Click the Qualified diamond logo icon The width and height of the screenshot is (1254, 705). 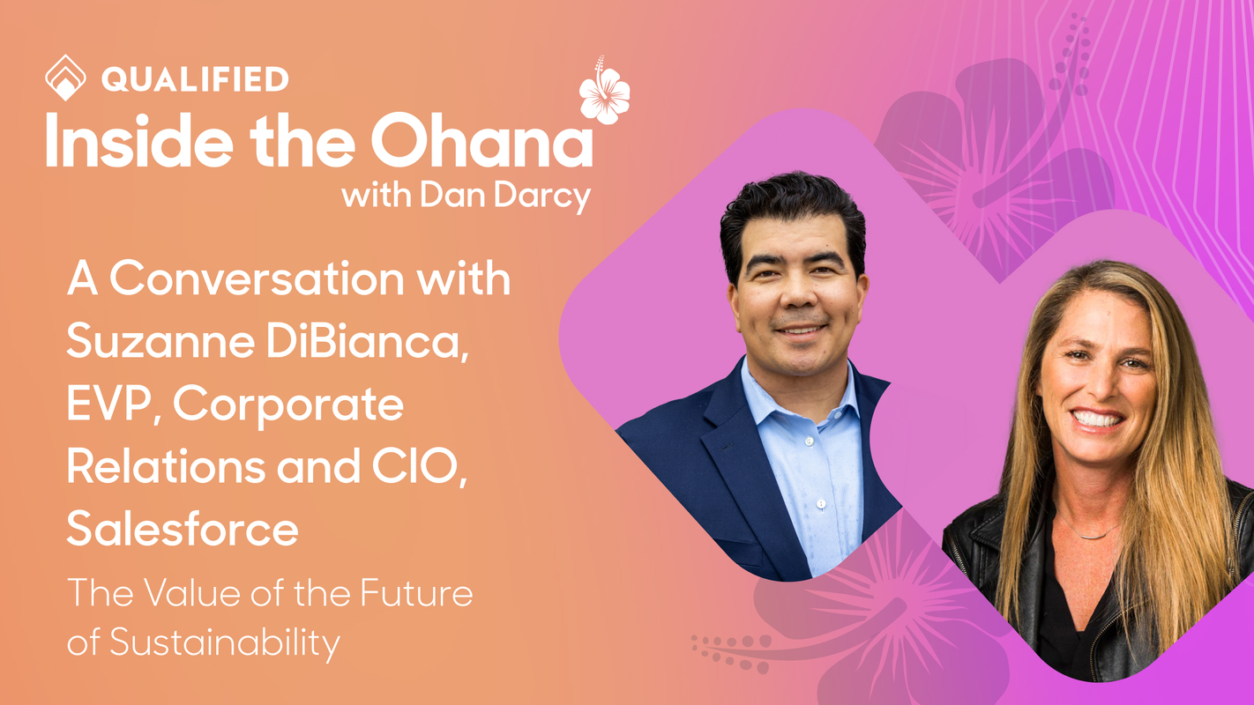(65, 78)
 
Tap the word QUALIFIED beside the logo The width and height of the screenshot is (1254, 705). (195, 79)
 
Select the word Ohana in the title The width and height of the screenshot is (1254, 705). (481, 141)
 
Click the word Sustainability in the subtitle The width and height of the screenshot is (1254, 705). (225, 644)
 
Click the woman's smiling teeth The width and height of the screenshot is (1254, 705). (1098, 418)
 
